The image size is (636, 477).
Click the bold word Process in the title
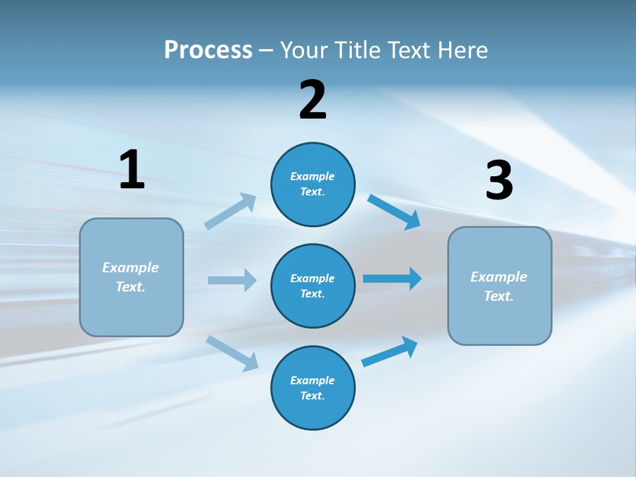point(208,50)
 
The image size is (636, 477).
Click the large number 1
point(131,170)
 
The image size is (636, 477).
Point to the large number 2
point(313,100)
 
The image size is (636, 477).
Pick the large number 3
point(499,181)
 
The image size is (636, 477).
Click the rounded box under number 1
point(131,277)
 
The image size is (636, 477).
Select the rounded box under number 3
point(500,286)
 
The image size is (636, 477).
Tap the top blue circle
point(313,184)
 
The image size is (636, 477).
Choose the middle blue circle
point(313,286)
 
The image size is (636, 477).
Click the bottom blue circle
point(313,388)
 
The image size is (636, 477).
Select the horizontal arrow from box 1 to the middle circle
point(232,280)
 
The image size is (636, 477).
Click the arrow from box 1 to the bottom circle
point(233,353)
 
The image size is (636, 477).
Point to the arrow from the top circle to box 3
point(394,212)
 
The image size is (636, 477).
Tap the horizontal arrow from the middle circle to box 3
point(392,278)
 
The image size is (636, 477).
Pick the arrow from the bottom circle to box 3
point(390,352)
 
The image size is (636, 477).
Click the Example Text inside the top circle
point(313,184)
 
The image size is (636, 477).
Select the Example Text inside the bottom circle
point(313,388)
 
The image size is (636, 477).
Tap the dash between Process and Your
point(266,50)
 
